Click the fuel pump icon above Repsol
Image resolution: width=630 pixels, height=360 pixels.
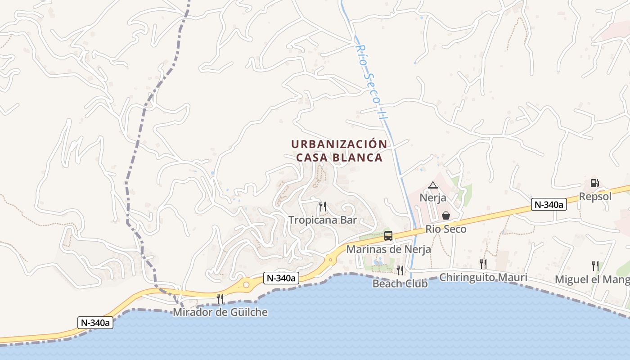pos(594,183)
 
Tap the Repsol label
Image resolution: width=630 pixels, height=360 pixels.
pos(595,197)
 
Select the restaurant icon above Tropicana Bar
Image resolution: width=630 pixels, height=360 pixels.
pos(323,207)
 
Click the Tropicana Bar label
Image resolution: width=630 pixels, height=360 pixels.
pos(323,220)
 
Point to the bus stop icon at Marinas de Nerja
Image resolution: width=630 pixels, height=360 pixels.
pos(388,235)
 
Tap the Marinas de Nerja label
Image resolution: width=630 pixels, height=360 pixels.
pos(388,249)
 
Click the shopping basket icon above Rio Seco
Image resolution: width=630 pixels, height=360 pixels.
pos(446,216)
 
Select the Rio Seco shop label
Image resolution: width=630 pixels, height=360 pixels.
pos(446,229)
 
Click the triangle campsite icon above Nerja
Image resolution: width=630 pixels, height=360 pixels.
pos(433,185)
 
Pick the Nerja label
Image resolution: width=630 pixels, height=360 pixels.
pos(433,198)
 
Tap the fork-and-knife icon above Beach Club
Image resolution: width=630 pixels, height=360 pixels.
pos(400,270)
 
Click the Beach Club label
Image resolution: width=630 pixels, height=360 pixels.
pos(400,283)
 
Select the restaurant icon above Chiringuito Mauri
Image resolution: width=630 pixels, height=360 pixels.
pos(483,264)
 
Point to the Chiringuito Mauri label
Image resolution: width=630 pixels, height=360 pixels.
pos(483,277)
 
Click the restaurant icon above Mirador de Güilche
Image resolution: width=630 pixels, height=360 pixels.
pos(220,298)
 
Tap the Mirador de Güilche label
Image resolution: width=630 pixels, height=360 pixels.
pos(220,312)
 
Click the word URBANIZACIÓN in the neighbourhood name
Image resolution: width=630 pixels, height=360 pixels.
pos(339,144)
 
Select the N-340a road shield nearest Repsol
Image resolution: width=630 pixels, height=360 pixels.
pos(548,204)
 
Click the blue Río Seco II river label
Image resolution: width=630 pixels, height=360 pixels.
pos(371,81)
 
